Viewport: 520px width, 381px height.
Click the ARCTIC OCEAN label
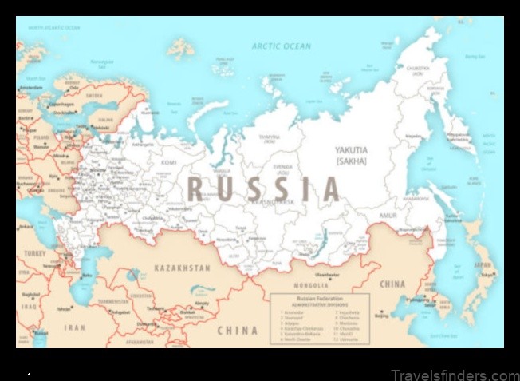tap(281, 46)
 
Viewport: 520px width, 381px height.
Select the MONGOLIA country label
tap(310, 285)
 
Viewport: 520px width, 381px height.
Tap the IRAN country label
tap(74, 327)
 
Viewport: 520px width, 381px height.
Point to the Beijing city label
tap(381, 315)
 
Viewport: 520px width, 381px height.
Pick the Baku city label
tap(87, 276)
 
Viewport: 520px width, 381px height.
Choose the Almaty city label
tap(202, 303)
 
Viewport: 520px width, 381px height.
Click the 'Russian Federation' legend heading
tap(318, 297)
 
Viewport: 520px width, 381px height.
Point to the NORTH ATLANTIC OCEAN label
tap(54, 28)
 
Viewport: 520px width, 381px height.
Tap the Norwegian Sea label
tap(102, 62)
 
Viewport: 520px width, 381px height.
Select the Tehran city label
tap(65, 308)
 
